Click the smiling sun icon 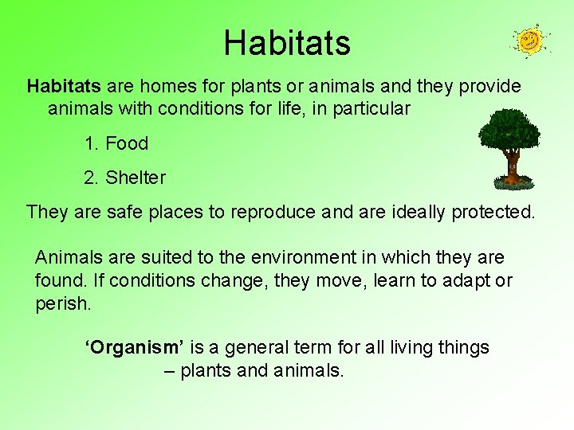[x=529, y=40]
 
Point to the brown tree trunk [x=511, y=166]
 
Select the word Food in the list [x=127, y=144]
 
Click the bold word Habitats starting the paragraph [x=64, y=86]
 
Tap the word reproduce [x=273, y=213]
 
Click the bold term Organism [x=135, y=348]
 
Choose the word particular [x=372, y=109]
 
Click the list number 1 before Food [x=90, y=144]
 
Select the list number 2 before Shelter [x=90, y=178]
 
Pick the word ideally [x=419, y=213]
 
